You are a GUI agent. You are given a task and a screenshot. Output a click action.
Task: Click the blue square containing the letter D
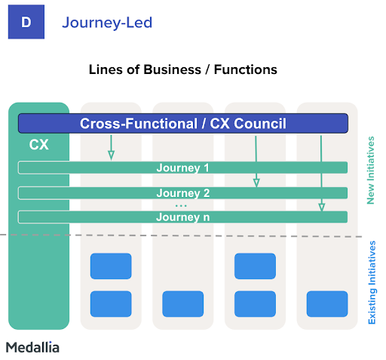(26, 22)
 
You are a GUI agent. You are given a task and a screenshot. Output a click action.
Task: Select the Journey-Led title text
(107, 23)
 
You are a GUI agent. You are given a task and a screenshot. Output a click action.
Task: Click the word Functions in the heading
(246, 69)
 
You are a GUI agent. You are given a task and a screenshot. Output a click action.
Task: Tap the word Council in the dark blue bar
(260, 124)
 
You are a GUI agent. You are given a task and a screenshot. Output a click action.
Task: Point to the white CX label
(38, 145)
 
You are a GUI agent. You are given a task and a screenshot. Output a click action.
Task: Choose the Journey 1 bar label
(182, 168)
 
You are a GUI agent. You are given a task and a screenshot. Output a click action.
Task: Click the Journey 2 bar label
(183, 193)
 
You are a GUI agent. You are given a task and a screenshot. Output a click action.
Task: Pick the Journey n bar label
(183, 217)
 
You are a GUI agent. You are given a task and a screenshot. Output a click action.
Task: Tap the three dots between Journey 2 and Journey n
(181, 206)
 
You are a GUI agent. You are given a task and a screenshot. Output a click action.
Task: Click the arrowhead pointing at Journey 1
(111, 155)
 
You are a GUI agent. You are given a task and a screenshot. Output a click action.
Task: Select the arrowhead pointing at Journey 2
(256, 183)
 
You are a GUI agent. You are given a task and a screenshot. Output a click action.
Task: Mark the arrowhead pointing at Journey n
(322, 207)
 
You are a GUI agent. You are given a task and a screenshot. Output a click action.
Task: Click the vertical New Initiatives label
(371, 171)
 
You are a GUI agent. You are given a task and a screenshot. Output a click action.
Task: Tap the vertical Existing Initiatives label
(372, 282)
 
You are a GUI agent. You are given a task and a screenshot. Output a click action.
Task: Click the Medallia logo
(32, 347)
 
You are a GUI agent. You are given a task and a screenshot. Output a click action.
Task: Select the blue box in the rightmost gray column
(327, 304)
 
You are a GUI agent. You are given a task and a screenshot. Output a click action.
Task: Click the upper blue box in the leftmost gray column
(111, 266)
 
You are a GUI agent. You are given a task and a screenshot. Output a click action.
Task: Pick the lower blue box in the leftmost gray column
(111, 304)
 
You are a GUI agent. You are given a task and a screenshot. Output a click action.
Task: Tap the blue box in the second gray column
(183, 304)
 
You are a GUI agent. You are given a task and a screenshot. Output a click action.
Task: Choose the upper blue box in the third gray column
(255, 266)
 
